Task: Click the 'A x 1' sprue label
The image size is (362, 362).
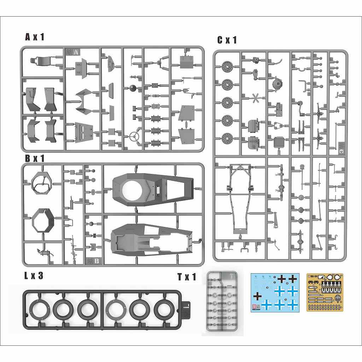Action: (35, 37)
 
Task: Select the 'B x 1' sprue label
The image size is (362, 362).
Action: (35, 158)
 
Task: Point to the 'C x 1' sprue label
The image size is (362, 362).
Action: (227, 40)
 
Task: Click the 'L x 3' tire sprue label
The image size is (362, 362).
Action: (34, 276)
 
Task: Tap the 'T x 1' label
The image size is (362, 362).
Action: (186, 277)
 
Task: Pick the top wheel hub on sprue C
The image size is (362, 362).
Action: (227, 66)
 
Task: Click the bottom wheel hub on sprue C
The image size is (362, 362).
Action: (227, 138)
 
